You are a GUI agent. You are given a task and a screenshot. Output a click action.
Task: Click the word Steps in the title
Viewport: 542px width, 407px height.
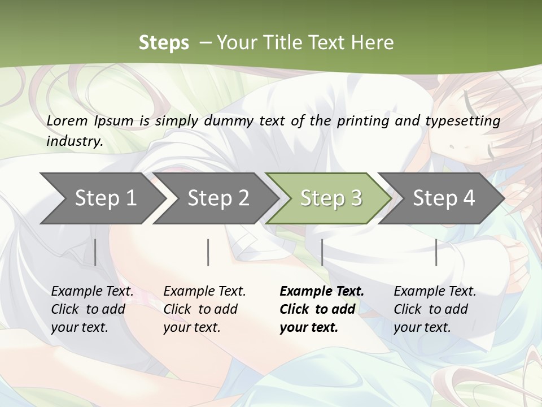coord(164,43)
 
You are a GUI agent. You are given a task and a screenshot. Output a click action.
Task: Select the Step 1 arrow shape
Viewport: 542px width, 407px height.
coord(102,198)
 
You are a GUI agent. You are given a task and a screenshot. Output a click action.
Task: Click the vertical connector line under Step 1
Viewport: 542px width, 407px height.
coord(95,252)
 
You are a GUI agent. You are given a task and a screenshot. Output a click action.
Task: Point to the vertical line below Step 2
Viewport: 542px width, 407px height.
coord(208,252)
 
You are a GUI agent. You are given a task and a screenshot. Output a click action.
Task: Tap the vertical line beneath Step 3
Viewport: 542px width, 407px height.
coord(322,252)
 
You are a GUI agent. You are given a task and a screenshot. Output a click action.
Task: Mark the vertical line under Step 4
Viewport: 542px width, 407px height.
coord(436,252)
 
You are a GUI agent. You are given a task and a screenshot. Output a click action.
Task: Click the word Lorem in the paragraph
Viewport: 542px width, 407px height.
coord(67,121)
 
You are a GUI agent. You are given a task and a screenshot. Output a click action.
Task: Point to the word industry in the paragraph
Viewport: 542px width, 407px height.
coord(74,141)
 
